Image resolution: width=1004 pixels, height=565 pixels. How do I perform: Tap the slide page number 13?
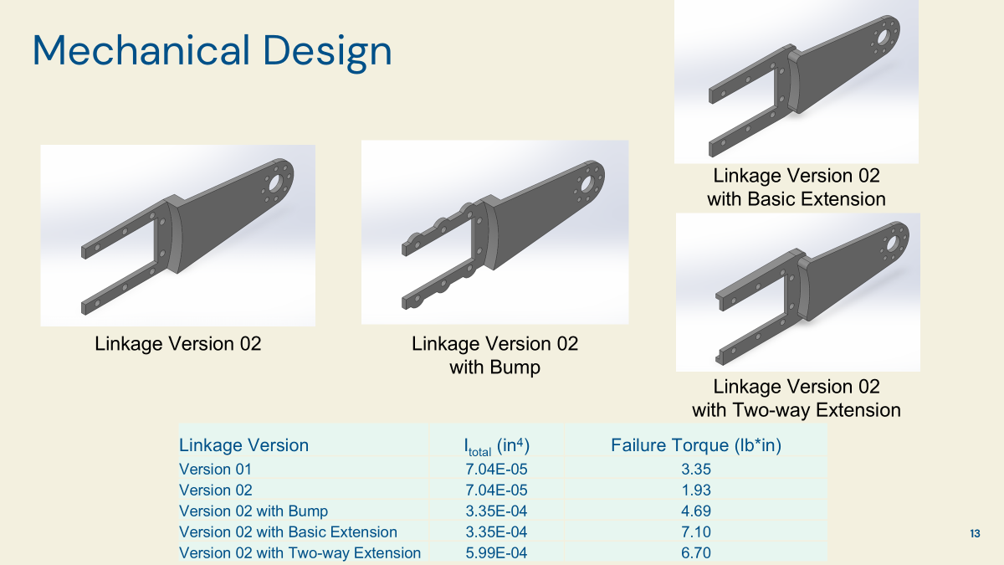click(975, 533)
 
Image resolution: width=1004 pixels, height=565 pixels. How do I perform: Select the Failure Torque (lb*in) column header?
click(696, 445)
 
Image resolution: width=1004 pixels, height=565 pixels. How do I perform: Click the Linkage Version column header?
click(243, 445)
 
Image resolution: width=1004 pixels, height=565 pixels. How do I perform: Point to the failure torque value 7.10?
click(696, 532)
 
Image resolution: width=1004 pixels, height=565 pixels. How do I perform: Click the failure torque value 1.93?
click(696, 490)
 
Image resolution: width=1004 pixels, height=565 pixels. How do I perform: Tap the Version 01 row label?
click(215, 469)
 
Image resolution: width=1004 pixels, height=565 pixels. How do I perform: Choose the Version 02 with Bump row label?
click(254, 511)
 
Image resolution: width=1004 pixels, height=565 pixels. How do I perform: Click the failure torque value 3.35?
click(696, 469)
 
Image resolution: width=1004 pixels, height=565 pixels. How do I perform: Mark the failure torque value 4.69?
click(696, 511)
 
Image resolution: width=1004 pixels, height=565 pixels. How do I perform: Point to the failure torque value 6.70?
click(696, 552)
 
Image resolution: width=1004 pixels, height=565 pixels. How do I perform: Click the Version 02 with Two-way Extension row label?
click(300, 552)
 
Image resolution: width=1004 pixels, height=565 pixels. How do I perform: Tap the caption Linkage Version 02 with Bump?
click(494, 355)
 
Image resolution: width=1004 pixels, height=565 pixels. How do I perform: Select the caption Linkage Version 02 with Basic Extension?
click(796, 187)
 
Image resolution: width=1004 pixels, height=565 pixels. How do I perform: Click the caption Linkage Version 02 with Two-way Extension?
click(796, 398)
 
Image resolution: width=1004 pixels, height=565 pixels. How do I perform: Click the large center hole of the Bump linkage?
click(587, 182)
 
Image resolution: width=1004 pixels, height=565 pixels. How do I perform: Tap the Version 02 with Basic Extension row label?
click(288, 532)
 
